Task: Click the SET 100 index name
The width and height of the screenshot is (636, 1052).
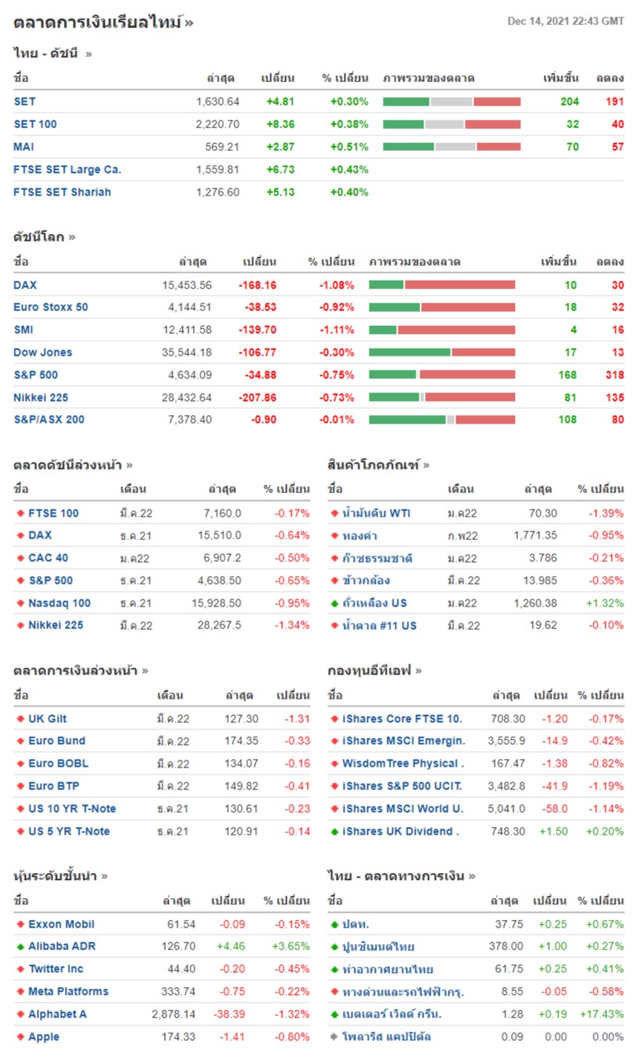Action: (35, 123)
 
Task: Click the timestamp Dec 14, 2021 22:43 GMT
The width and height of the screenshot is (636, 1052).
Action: (566, 21)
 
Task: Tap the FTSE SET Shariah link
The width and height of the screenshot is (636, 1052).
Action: (63, 191)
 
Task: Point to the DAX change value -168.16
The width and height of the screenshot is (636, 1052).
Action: (257, 284)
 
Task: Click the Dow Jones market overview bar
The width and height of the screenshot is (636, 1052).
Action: (441, 352)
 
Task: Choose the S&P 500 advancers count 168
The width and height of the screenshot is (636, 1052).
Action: (567, 374)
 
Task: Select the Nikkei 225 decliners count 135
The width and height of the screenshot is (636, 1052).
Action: (614, 397)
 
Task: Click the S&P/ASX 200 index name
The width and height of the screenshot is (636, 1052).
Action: (49, 419)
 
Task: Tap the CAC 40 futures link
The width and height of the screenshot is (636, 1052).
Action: (48, 557)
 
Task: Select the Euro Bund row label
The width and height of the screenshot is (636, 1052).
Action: (57, 740)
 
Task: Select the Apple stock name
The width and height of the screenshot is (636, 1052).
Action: (44, 1036)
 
